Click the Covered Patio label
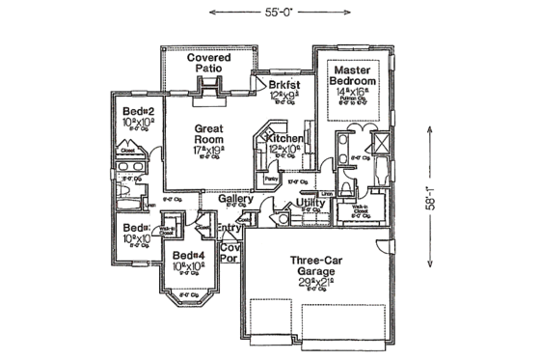pyautogui.click(x=208, y=65)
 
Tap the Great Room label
pyautogui.click(x=209, y=134)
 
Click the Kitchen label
pyautogui.click(x=284, y=141)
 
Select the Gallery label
pyautogui.click(x=235, y=200)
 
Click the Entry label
pyautogui.click(x=229, y=229)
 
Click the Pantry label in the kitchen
pyautogui.click(x=270, y=180)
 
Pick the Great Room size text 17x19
pyautogui.click(x=209, y=152)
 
